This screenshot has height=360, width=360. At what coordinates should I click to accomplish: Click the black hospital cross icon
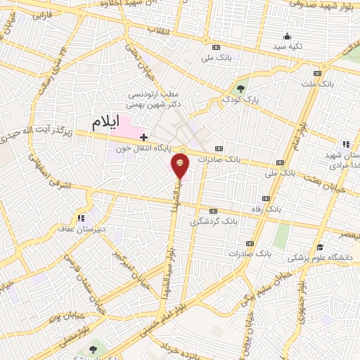point(144,137)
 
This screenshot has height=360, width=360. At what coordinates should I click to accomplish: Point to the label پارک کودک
point(243,101)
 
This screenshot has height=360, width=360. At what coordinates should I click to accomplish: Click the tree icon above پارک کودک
point(241,89)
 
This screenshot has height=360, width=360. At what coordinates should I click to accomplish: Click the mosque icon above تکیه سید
point(286,37)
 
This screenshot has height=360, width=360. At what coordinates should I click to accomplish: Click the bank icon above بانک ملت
point(317,73)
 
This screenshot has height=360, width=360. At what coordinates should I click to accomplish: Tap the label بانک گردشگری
point(213,221)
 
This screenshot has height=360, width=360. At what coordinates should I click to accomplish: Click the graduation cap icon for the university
point(321,247)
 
